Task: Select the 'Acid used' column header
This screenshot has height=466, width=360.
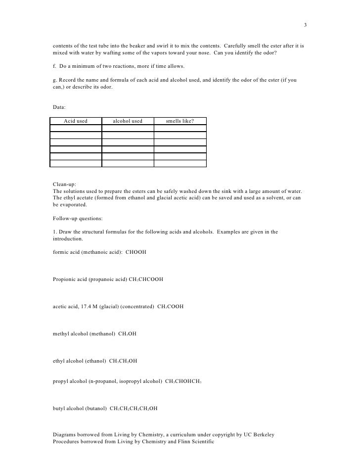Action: click(76, 121)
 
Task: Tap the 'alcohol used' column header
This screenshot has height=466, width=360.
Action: click(128, 121)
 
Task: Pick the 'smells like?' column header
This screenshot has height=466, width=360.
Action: click(180, 121)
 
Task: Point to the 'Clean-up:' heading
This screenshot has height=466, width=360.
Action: click(64, 184)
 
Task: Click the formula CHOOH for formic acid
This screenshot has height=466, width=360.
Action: click(136, 252)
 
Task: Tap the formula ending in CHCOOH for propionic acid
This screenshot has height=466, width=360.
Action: click(146, 280)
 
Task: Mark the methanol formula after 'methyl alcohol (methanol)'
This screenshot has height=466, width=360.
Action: click(127, 334)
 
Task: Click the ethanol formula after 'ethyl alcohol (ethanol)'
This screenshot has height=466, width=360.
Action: click(123, 361)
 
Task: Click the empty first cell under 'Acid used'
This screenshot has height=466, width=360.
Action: click(76, 128)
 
